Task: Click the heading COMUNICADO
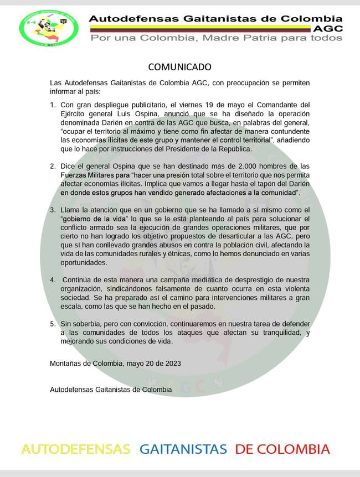[179, 67]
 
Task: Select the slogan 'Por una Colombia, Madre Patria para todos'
[216, 38]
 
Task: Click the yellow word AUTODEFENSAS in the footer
[76, 449]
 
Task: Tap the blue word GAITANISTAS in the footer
[183, 449]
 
